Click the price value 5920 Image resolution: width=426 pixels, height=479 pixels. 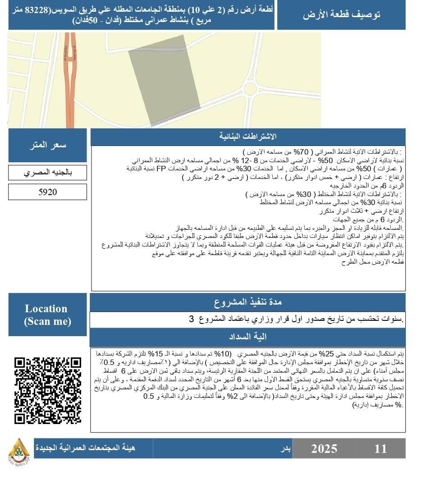pos(47,192)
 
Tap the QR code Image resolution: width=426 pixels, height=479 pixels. pos(48,390)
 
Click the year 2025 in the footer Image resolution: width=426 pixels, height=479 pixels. pos(324,448)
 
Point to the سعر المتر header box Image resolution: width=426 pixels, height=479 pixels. pos(47,145)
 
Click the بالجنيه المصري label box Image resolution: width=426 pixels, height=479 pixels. pos(47,173)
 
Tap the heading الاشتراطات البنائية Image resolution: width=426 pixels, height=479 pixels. pos(247,137)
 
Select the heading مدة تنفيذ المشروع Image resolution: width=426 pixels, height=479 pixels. pos(247,302)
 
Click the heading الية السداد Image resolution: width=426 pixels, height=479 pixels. pos(247,337)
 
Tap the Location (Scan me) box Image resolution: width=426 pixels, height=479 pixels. pos(47,315)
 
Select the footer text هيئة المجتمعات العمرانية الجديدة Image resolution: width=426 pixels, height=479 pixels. pos(86,448)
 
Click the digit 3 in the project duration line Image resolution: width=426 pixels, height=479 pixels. pos(191,319)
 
